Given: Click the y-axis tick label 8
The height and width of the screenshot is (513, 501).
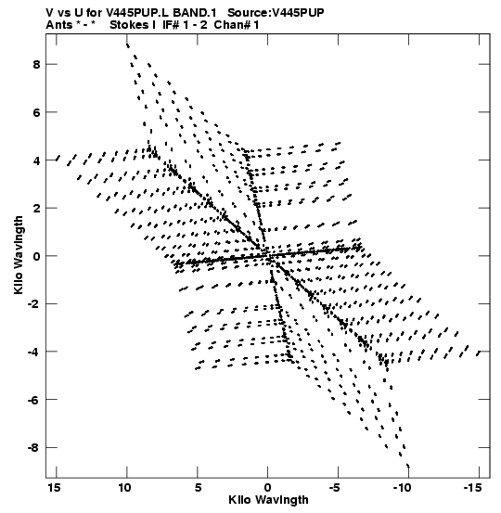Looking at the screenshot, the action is click(36, 64).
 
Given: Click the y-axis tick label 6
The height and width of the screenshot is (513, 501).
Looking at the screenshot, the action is click(36, 112).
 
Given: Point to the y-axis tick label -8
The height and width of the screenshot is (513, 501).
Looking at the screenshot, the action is click(33, 447).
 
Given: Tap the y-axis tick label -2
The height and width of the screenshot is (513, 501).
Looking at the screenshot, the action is click(33, 304).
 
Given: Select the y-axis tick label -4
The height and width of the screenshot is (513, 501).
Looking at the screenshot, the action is click(33, 352).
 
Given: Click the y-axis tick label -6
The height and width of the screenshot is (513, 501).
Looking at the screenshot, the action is click(33, 400).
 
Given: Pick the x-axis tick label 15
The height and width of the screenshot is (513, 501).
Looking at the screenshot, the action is click(55, 488).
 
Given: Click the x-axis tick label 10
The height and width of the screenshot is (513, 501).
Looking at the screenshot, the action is click(124, 488).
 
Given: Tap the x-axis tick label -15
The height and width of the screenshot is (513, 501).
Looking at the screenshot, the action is click(472, 488).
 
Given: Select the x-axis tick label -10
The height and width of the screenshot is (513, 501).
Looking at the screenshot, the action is click(402, 488).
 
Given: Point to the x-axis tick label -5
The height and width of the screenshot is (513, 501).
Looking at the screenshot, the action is click(334, 488).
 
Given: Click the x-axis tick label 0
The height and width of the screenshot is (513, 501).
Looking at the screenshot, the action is click(268, 488).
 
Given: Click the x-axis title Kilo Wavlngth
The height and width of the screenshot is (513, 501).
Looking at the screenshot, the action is click(268, 500).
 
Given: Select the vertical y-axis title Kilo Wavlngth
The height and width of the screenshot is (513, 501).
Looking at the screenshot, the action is click(19, 255).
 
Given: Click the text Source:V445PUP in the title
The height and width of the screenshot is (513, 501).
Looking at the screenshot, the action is click(276, 13).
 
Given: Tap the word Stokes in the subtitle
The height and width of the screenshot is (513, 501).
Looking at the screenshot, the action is click(129, 25).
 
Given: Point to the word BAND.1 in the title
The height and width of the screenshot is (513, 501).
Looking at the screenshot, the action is click(195, 13).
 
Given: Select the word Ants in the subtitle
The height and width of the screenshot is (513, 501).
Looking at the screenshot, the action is click(59, 25).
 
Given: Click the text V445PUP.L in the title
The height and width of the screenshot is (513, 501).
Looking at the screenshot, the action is click(137, 13).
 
